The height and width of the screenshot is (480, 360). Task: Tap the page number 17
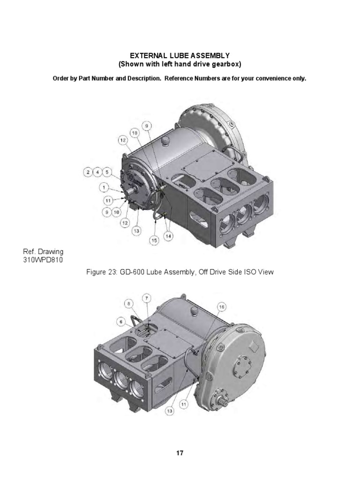(180, 453)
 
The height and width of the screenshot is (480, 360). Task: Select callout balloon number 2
(88, 172)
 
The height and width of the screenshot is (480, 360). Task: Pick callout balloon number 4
(97, 172)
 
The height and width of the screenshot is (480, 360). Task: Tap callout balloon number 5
(106, 172)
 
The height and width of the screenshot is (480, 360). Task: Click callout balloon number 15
(153, 240)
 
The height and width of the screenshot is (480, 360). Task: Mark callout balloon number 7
(147, 298)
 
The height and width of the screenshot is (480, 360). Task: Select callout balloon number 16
(222, 307)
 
